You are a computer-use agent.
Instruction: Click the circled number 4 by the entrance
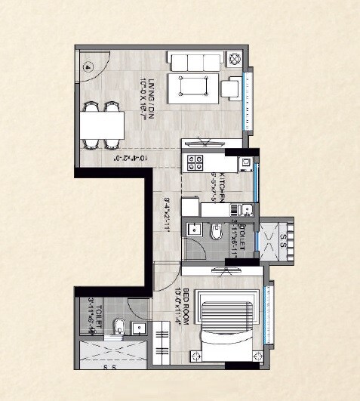88,66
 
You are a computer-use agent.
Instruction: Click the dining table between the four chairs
103,125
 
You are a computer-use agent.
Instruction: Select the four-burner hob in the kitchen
195,161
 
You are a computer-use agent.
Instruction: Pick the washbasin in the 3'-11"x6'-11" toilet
194,230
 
